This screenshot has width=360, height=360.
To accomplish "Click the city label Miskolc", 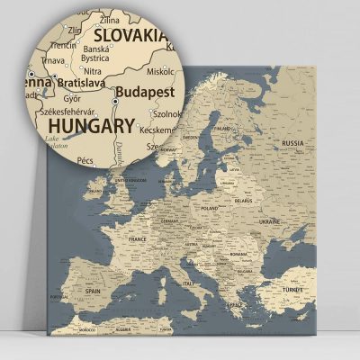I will [162, 71].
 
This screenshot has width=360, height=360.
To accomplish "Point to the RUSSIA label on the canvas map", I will [293, 143].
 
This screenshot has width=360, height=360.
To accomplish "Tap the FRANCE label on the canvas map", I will [137, 240].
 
